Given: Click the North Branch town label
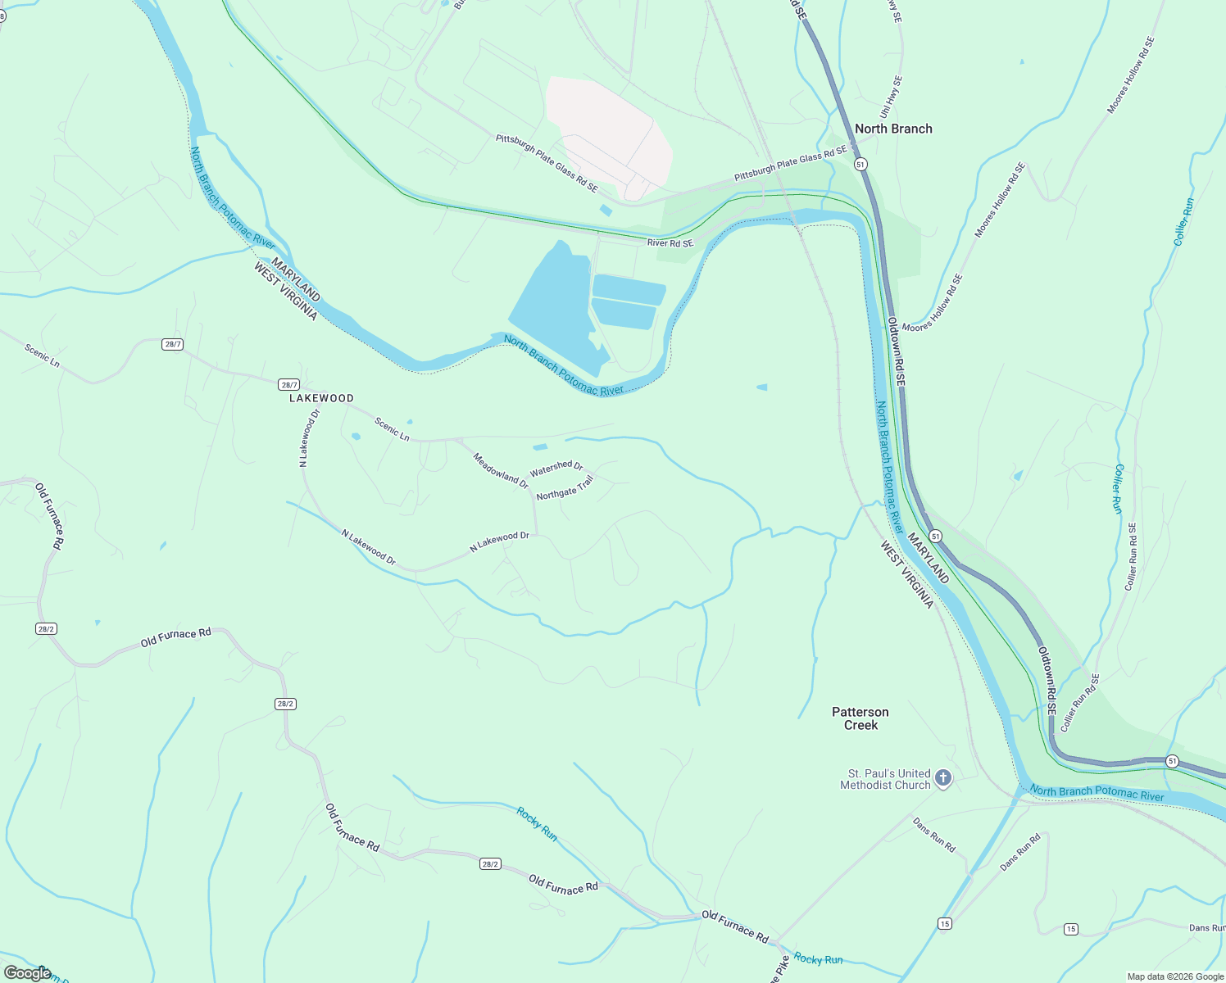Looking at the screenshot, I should coord(893,129).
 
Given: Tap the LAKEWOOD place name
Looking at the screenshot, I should coord(321,398).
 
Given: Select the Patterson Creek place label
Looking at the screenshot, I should coord(860,718).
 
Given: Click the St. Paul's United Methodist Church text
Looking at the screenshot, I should coord(885,779).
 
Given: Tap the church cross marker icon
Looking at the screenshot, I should coord(943,777).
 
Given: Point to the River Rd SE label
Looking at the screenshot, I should coord(670,243).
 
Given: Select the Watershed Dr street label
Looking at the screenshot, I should coord(556,469).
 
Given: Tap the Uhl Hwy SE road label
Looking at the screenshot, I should coord(894,98).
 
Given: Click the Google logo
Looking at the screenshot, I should coord(27,972).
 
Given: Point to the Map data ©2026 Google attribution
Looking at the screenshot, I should coord(1174,976).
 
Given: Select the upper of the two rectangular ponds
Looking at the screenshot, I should coord(628,288).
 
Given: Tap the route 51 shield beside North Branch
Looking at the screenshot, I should coord(860,164).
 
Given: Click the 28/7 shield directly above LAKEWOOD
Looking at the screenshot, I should coord(288,384).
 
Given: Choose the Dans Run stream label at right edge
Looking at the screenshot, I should coord(1206,928).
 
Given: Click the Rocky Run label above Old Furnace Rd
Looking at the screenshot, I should coord(537,823).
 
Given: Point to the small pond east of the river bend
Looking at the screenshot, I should coord(762,387).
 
